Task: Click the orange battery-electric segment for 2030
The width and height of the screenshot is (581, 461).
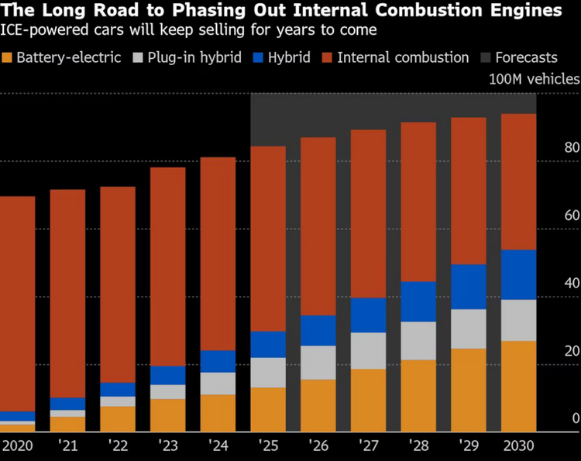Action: (x=519, y=386)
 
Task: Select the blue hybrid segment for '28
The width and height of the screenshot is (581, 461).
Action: (x=419, y=301)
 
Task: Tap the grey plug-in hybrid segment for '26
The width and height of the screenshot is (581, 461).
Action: (x=318, y=363)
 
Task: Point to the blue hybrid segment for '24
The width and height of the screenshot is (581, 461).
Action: (x=218, y=361)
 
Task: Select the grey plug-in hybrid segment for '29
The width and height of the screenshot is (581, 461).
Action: (x=469, y=329)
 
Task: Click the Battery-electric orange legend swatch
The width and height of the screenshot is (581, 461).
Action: (x=7, y=57)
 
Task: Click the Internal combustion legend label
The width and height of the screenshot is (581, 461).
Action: (x=403, y=57)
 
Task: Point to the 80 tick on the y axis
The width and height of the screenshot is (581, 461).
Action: (x=572, y=147)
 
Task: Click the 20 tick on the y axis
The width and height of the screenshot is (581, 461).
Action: (x=572, y=351)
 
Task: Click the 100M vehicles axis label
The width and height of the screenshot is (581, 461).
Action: (x=534, y=79)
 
